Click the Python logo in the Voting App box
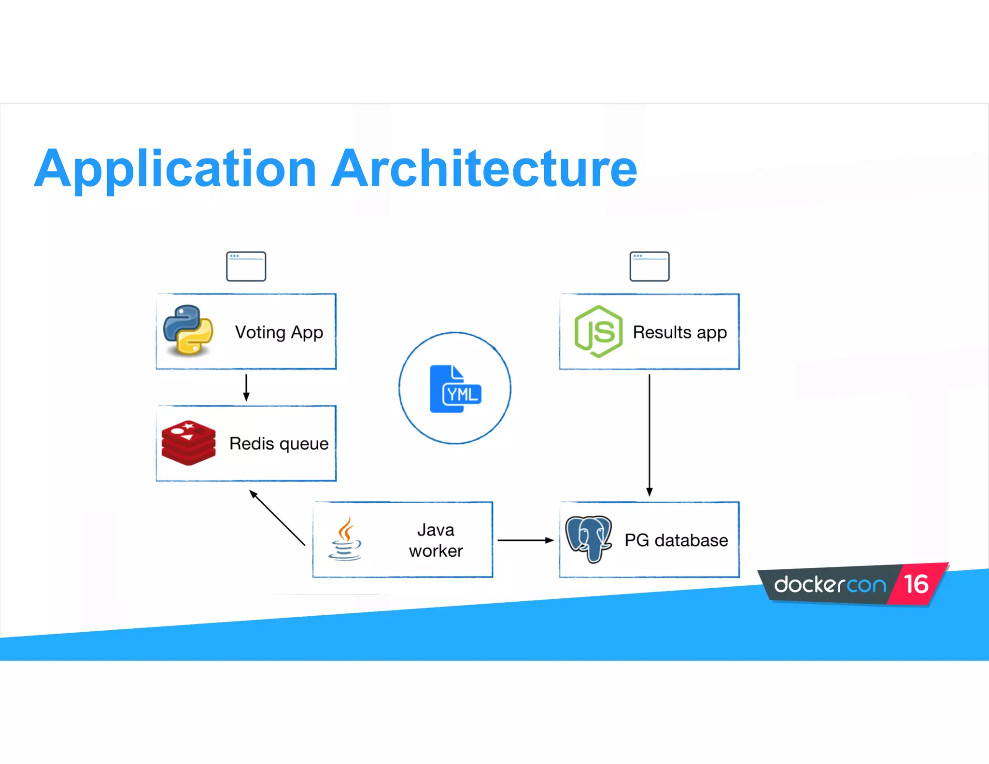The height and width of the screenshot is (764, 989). tap(188, 330)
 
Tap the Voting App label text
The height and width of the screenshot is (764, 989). tap(279, 332)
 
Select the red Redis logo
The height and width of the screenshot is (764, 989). tap(188, 443)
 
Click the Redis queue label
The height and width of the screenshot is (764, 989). tap(279, 443)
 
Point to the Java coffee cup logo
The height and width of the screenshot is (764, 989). tap(345, 539)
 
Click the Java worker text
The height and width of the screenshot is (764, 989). tap(436, 540)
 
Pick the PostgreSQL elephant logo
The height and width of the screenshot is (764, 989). tap(589, 538)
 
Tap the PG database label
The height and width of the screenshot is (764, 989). tap(676, 540)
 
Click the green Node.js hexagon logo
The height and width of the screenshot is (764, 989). tap(598, 331)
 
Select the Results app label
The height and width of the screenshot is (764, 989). tap(679, 332)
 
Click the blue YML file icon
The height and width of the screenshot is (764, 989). tap(455, 389)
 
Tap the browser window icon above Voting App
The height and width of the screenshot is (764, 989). tap(246, 266)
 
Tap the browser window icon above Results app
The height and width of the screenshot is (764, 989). tap(649, 266)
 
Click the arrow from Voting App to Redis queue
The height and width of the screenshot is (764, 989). tap(246, 387)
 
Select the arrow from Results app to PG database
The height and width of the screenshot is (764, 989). tap(650, 435)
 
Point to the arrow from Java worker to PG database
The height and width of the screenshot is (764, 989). tap(525, 540)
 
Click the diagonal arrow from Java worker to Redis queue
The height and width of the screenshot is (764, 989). tap(277, 518)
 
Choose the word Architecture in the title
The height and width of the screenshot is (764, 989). tap(484, 169)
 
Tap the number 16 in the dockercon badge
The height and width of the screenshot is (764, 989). tap(916, 584)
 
